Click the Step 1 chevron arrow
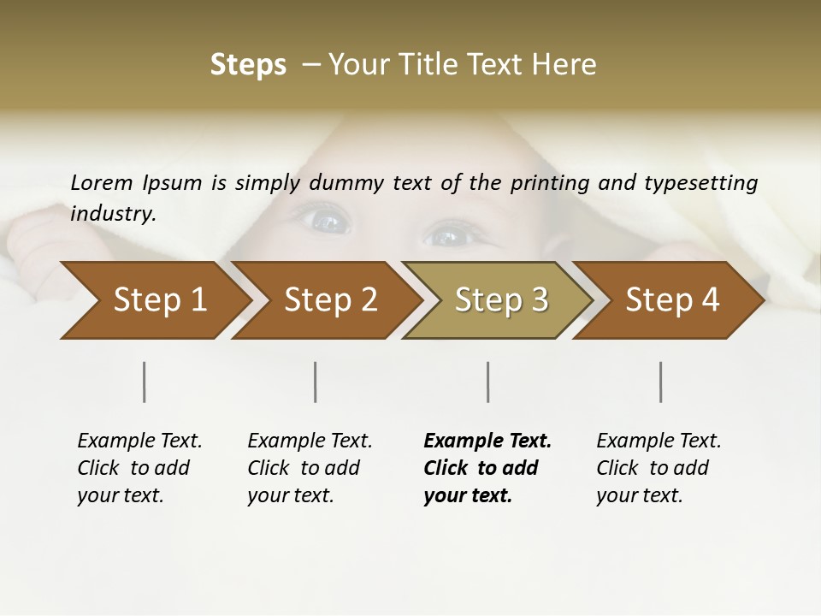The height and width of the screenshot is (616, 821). pos(154,300)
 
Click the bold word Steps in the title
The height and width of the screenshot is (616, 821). pos(248,65)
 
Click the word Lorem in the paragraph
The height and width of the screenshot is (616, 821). pos(102,182)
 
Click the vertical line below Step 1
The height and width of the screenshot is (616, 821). pos(145,382)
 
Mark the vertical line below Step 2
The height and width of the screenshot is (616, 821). pos(316,382)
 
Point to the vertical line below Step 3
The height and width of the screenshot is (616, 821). pos(487,382)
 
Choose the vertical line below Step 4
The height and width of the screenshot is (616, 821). pos(660,382)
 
